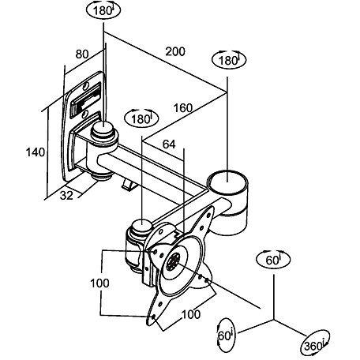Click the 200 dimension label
(x=175, y=51)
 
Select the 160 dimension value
(x=183, y=108)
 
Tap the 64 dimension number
(x=169, y=144)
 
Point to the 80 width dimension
(x=82, y=54)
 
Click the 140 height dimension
(x=36, y=152)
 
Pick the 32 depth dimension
(x=66, y=195)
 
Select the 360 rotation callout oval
(x=315, y=344)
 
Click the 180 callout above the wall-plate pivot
(x=103, y=10)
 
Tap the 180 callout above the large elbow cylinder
(x=229, y=60)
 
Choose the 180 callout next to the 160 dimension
(x=141, y=118)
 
